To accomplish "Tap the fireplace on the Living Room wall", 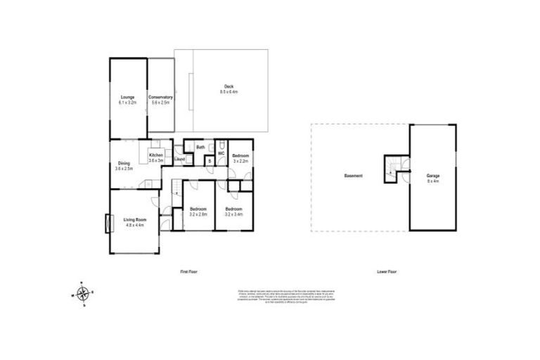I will pos(108,224).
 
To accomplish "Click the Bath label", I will pos(200,147).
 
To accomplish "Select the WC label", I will pos(220,153).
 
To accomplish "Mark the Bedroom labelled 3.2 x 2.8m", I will pos(198,211).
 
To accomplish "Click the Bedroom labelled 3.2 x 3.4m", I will pos(233,211).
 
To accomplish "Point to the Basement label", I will pos(353,175).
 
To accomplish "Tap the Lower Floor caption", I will pos(387,271).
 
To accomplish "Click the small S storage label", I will pos(209,161).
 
